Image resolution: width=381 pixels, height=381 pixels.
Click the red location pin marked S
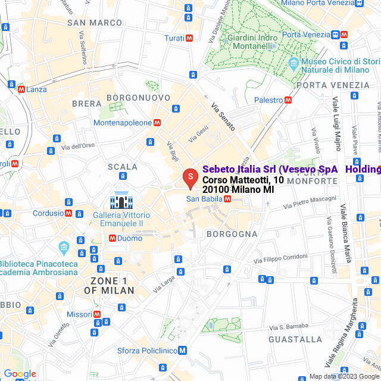[x=190, y=177]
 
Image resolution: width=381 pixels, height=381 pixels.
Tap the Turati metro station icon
[x=189, y=38]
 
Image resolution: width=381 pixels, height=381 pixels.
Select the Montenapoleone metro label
[x=123, y=123]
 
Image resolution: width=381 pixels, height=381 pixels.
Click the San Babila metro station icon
[x=227, y=199]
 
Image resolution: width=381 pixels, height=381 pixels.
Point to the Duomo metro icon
[x=112, y=238]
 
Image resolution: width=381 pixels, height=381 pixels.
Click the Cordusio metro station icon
[x=69, y=213]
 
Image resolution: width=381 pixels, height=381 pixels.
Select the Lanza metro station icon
[x=21, y=89]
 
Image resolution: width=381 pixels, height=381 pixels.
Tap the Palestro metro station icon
[x=288, y=100]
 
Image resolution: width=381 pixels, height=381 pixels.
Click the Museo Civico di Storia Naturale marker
[x=293, y=63]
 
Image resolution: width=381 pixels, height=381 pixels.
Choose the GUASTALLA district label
[x=295, y=339]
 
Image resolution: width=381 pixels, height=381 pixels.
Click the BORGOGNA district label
[x=232, y=235]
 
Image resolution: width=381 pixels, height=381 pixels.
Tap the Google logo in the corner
[x=20, y=373]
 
